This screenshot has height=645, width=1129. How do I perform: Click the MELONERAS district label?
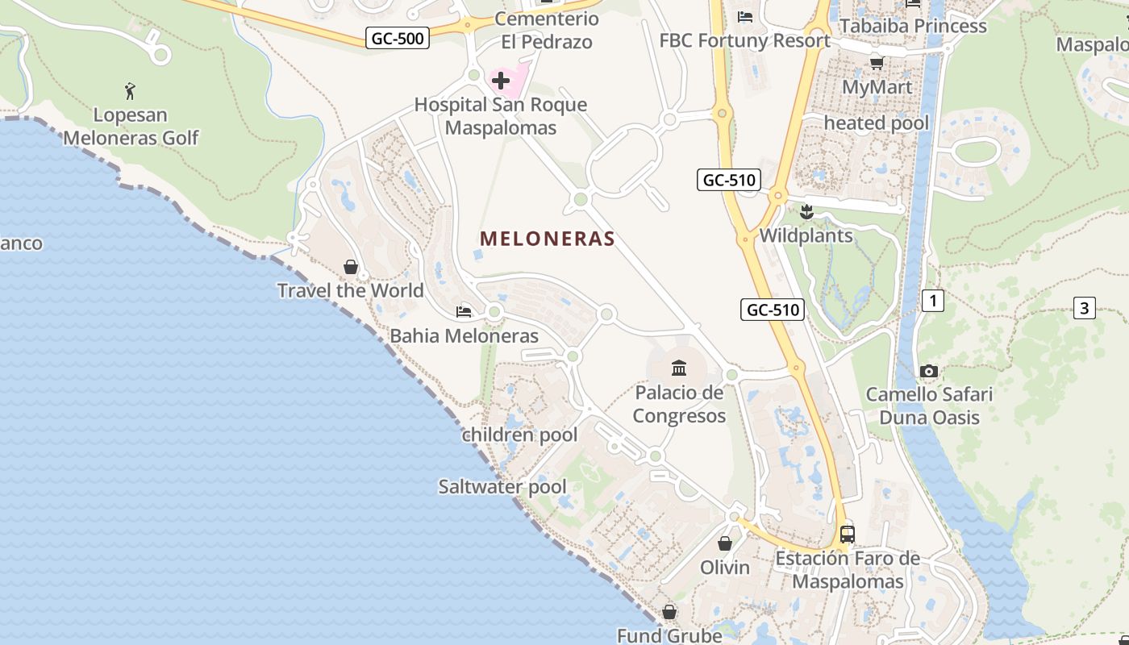point(548,239)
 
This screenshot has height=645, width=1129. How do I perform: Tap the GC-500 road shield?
point(397,38)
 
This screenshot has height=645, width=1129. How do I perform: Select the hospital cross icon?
point(501,80)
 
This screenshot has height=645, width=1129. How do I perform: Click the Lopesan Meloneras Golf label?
point(131,127)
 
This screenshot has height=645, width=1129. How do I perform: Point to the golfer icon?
point(130,91)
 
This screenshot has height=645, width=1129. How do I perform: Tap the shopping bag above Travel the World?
point(351,266)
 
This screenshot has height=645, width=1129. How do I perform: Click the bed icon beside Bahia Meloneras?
point(464,311)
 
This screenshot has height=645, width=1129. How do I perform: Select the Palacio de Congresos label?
point(679,405)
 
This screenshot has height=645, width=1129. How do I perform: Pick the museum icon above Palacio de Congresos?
point(679,368)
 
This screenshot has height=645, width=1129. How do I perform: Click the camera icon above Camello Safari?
point(929,372)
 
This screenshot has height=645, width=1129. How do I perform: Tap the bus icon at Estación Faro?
point(848,534)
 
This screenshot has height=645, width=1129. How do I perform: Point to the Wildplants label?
point(806,235)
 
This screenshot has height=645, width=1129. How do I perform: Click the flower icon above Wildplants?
point(806,212)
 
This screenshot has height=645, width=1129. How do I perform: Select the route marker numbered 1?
point(932,302)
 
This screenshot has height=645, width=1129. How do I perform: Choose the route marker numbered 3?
point(1085,307)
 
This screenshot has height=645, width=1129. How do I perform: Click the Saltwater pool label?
point(502,487)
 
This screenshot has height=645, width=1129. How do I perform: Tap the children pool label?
point(519,435)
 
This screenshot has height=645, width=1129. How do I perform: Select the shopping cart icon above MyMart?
point(877,63)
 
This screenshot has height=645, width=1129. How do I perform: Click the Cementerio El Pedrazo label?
point(547,30)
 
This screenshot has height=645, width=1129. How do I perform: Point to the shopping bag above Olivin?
point(725,543)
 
